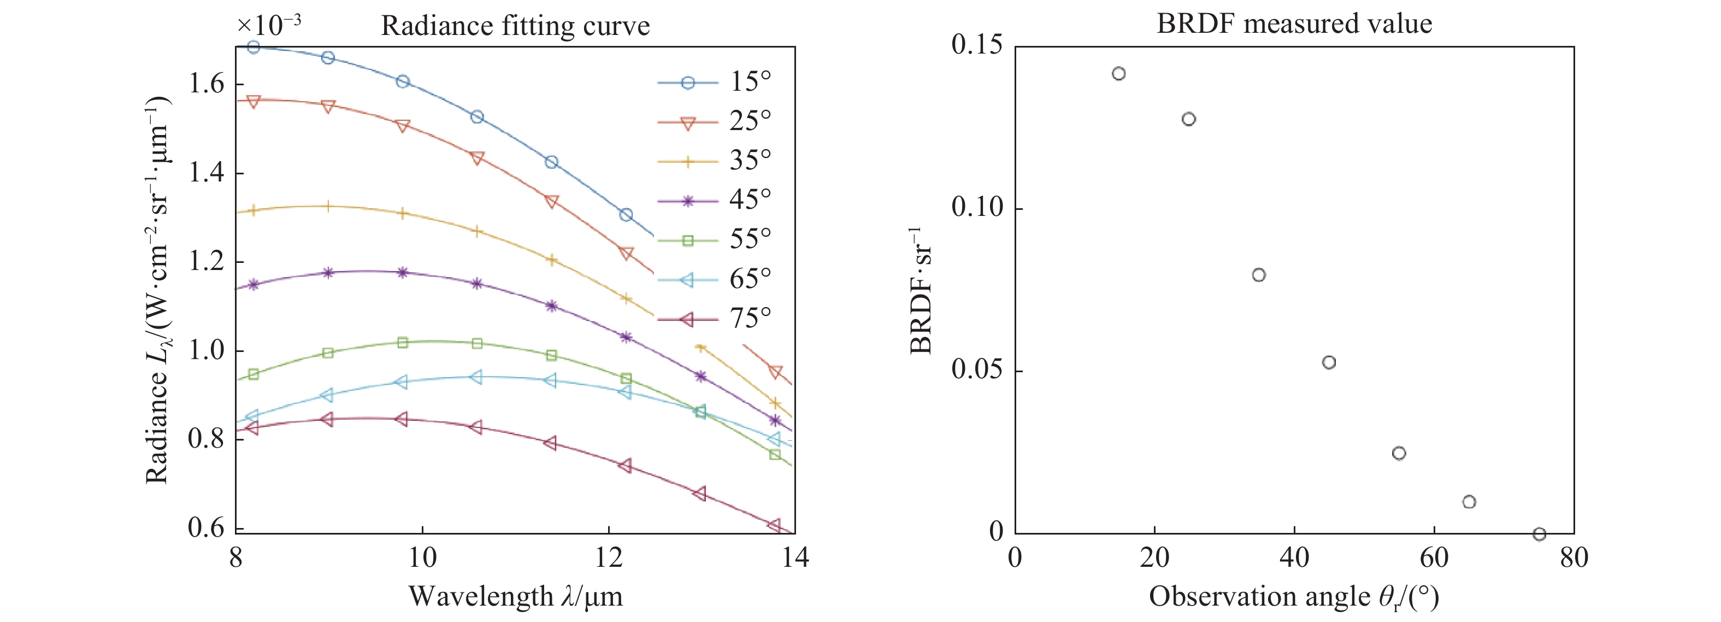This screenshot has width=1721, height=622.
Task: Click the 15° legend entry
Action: (x=715, y=82)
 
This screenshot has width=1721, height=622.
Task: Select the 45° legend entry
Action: (x=715, y=199)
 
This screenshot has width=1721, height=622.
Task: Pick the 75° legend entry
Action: (x=715, y=319)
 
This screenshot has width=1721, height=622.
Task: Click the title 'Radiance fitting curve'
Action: (x=515, y=26)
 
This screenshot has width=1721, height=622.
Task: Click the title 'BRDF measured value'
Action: (x=1294, y=24)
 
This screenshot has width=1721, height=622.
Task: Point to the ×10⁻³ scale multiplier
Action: (x=269, y=25)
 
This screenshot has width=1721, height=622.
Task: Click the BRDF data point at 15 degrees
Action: (x=1119, y=73)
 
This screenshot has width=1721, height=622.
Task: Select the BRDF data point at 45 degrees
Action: (x=1329, y=362)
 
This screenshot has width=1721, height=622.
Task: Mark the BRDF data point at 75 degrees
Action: (x=1539, y=534)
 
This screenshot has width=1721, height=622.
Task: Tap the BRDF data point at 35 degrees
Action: (x=1259, y=274)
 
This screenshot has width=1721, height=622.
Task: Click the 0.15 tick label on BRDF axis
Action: (x=977, y=45)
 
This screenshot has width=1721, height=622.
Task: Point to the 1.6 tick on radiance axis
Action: (x=207, y=84)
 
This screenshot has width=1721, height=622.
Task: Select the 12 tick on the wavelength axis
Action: (x=609, y=557)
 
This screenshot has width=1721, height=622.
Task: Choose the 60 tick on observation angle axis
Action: (x=1434, y=557)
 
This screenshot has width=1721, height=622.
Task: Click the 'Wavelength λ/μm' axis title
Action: (x=515, y=596)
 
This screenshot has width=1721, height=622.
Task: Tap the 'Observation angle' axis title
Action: (x=1293, y=596)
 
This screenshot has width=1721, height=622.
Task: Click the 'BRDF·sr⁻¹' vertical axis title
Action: (x=921, y=291)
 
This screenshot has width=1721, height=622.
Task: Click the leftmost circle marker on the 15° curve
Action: (x=253, y=48)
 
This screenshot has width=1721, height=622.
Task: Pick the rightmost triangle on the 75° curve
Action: (x=774, y=525)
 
